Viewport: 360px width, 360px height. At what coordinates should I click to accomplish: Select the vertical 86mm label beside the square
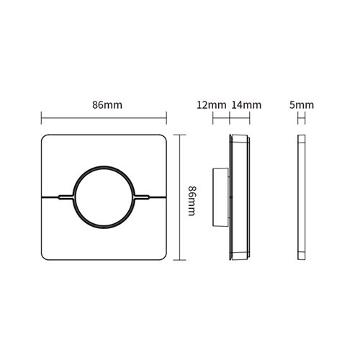(x=192, y=199)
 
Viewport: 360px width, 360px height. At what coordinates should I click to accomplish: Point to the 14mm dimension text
(x=244, y=105)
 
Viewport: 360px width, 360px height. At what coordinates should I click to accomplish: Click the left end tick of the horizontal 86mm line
(x=41, y=117)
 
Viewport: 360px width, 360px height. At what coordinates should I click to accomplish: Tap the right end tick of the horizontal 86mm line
(x=168, y=117)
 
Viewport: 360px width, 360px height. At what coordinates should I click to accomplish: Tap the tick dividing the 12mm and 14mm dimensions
(x=228, y=117)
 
